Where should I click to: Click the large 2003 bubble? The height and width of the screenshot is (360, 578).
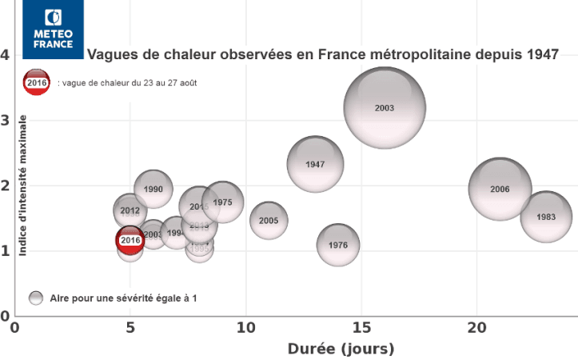click(x=385, y=108)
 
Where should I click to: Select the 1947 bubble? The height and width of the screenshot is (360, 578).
click(x=315, y=164)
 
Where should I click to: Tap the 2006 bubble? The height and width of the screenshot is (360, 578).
click(x=500, y=190)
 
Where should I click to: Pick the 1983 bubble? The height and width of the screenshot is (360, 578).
click(x=546, y=217)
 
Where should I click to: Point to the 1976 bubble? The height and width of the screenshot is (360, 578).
click(x=338, y=245)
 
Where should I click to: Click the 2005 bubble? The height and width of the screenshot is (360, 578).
click(x=269, y=220)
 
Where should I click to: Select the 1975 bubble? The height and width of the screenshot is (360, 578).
click(x=223, y=202)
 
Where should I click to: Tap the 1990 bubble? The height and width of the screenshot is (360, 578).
click(x=153, y=189)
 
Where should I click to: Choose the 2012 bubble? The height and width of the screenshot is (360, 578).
click(x=130, y=211)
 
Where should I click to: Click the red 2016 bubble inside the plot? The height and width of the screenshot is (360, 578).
click(x=130, y=239)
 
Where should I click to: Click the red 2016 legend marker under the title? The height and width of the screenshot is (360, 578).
click(x=37, y=82)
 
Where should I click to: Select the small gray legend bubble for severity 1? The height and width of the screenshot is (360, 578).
click(x=36, y=298)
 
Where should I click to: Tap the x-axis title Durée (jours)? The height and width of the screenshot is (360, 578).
click(x=341, y=350)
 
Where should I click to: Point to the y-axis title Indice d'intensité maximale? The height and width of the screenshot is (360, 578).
click(x=23, y=185)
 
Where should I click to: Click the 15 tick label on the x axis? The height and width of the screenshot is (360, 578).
click(x=361, y=328)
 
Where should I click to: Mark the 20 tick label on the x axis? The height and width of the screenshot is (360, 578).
click(x=476, y=328)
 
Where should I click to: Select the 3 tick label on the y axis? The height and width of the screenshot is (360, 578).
click(x=6, y=121)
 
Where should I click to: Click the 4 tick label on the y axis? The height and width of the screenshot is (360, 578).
click(x=6, y=55)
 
